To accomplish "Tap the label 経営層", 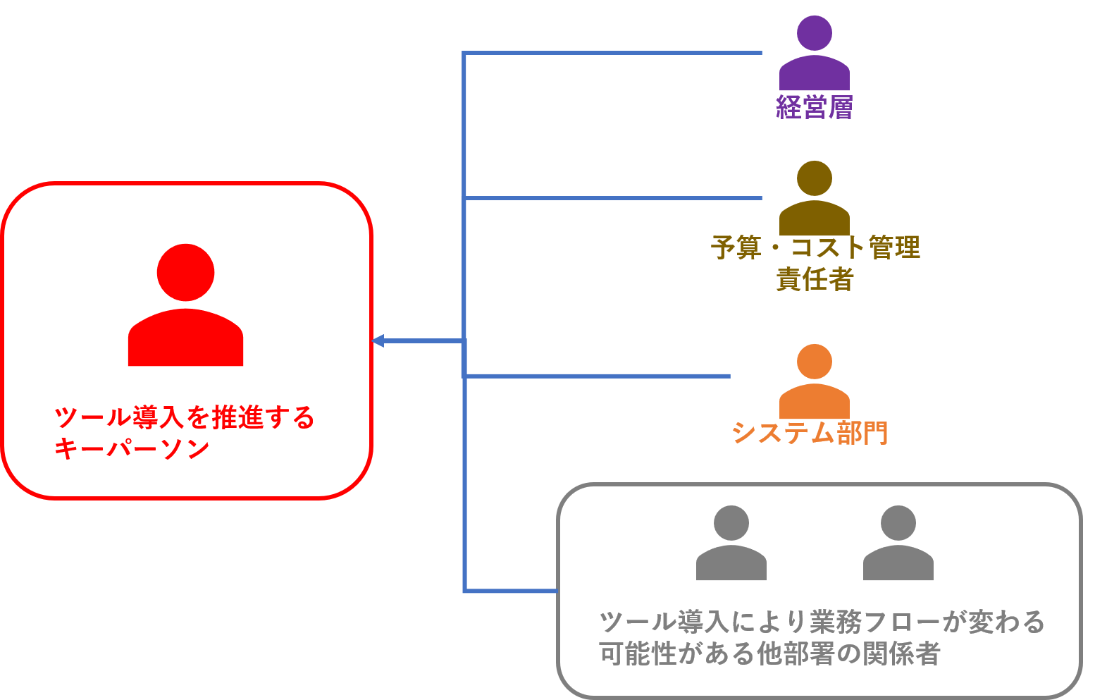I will pos(814,107).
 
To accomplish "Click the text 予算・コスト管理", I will pos(815,247).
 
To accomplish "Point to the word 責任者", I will pos(815,280).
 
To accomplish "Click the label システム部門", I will pos(810,432).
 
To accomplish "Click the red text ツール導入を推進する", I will pos(185,417).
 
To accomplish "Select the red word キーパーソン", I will pos(132,449).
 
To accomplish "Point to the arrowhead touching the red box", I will pos(378,341).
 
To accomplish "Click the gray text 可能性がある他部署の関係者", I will pos(769,654).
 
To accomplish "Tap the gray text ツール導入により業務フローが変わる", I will pos(822,622).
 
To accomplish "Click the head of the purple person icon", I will pos(814,32).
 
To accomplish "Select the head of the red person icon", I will pos(185,272).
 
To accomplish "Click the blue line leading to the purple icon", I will pos(613,53).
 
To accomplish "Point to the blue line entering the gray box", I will pos(511,591).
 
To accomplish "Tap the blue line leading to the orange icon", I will pos(599,376).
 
